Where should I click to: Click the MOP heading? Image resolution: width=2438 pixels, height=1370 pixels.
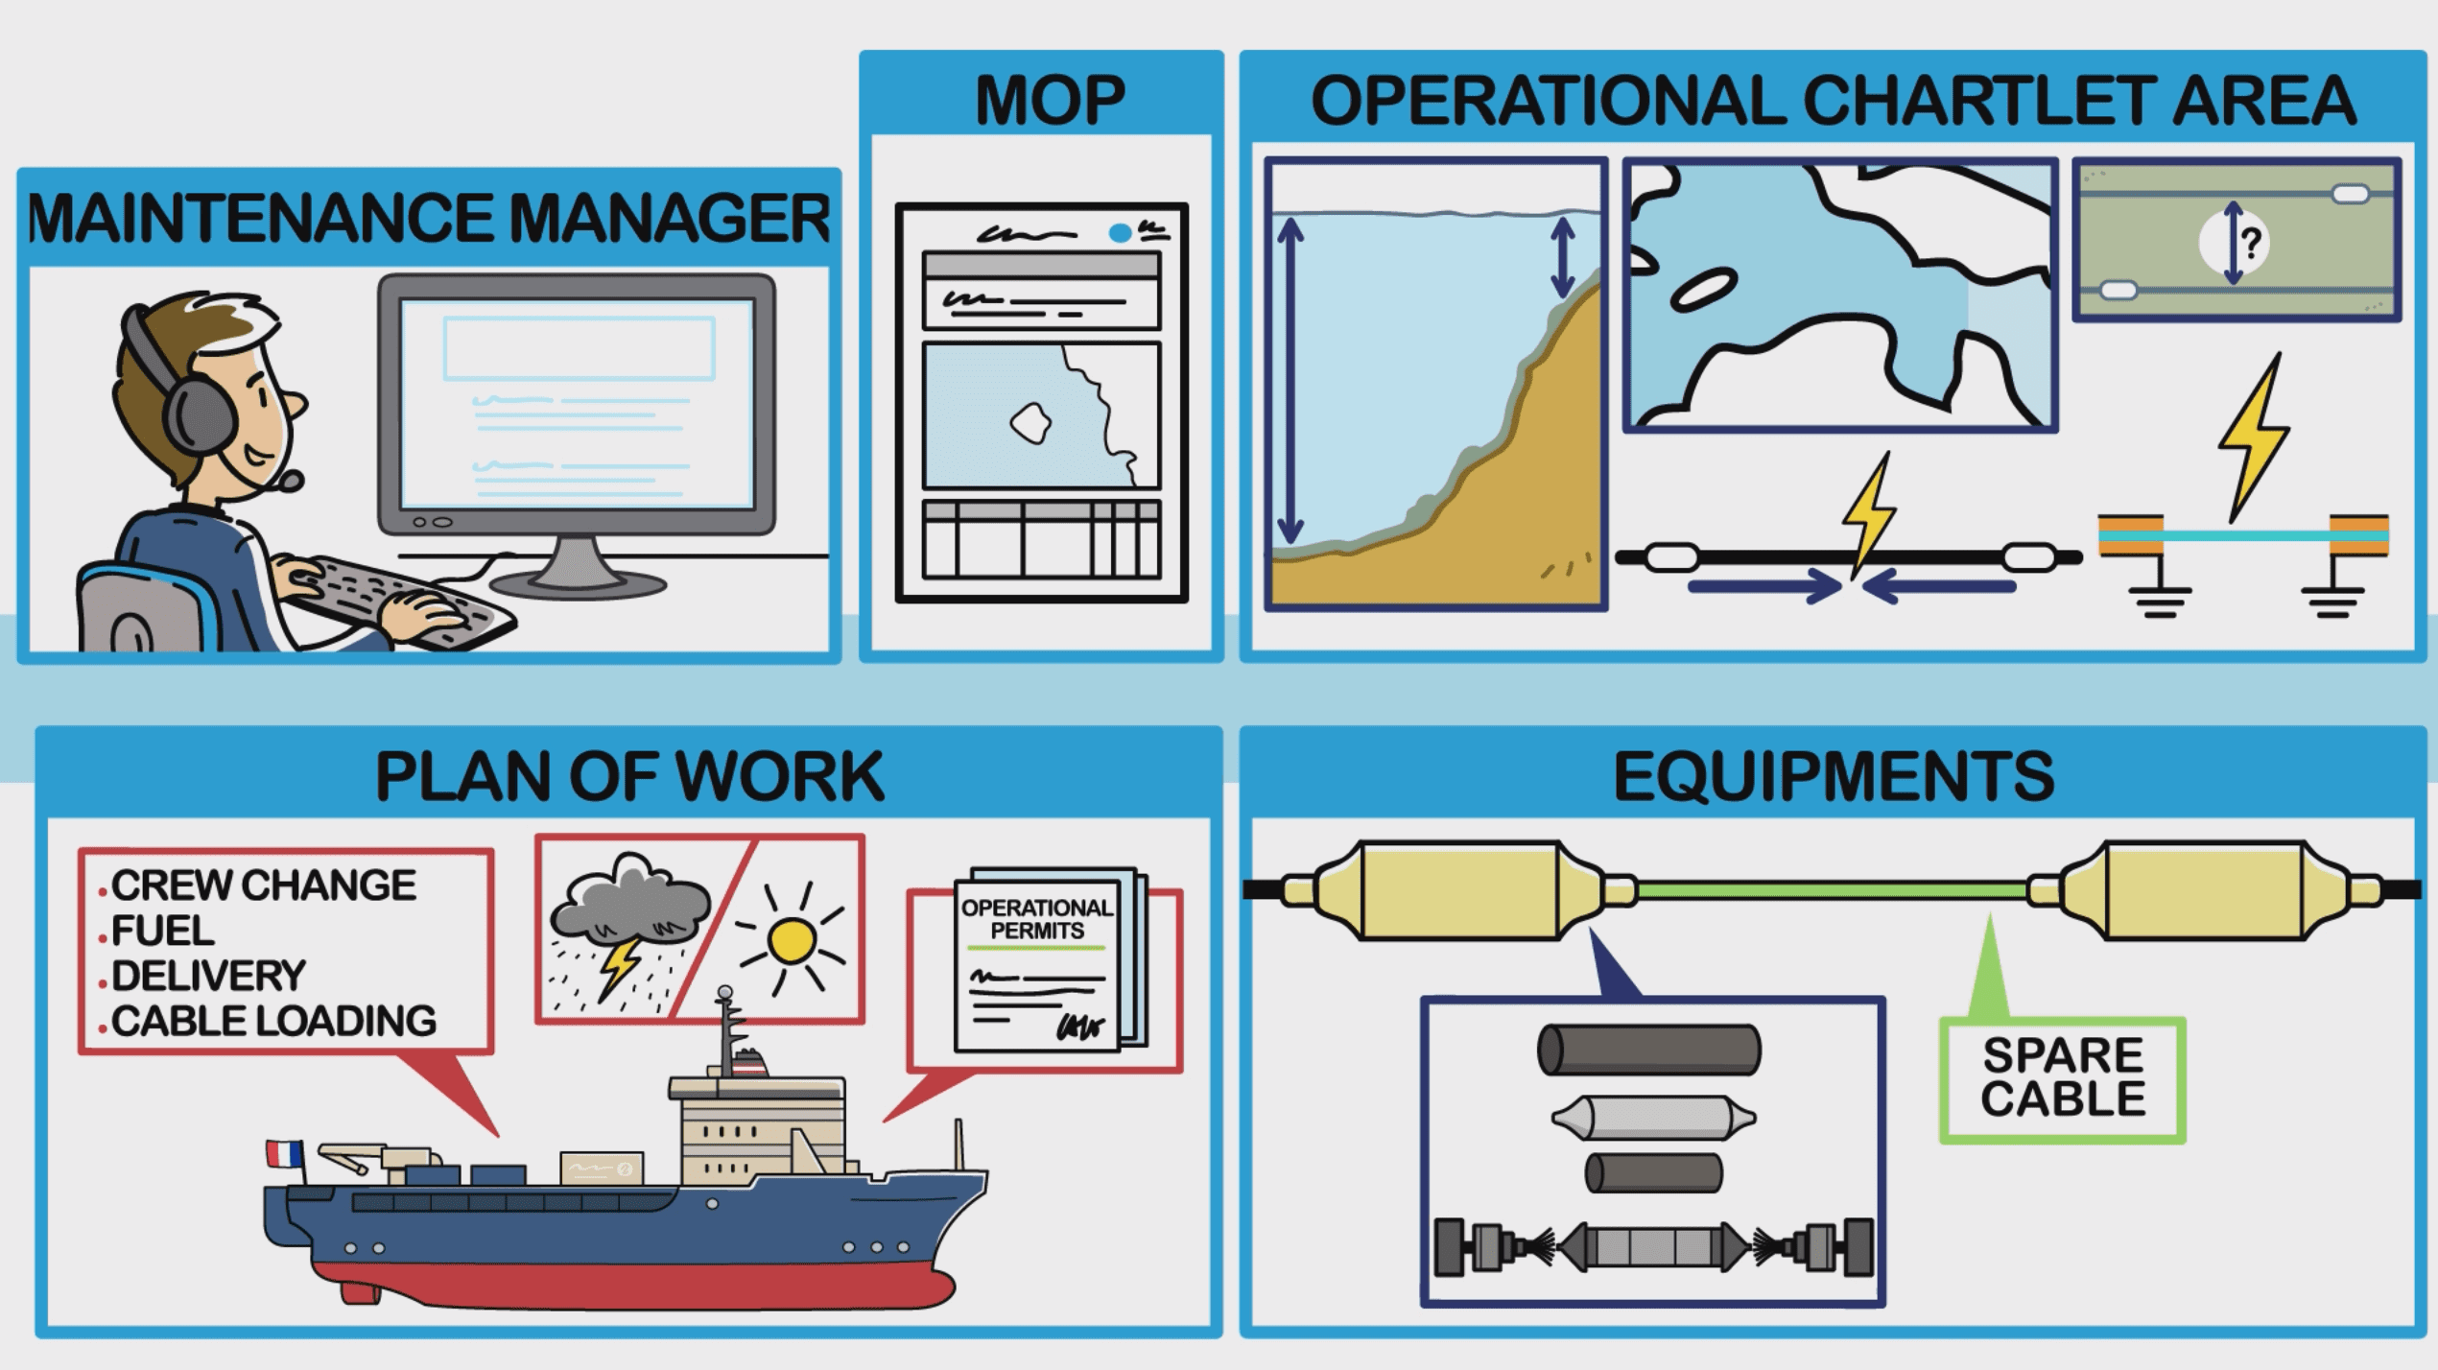pyautogui.click(x=1050, y=100)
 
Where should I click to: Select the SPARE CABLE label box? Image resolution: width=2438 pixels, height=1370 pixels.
pyautogui.click(x=2062, y=1077)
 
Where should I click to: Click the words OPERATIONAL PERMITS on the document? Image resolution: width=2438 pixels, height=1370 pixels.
pyautogui.click(x=1037, y=919)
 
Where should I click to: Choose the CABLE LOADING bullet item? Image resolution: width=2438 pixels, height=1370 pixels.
pyautogui.click(x=273, y=1021)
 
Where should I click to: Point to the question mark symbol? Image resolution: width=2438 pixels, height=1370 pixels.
pyautogui.click(x=2251, y=242)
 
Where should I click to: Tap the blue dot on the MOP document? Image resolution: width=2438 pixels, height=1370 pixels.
pyautogui.click(x=1119, y=232)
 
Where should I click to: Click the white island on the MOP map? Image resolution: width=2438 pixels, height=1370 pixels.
pyautogui.click(x=1030, y=423)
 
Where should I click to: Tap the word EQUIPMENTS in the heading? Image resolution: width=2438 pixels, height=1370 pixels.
pyautogui.click(x=1833, y=775)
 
